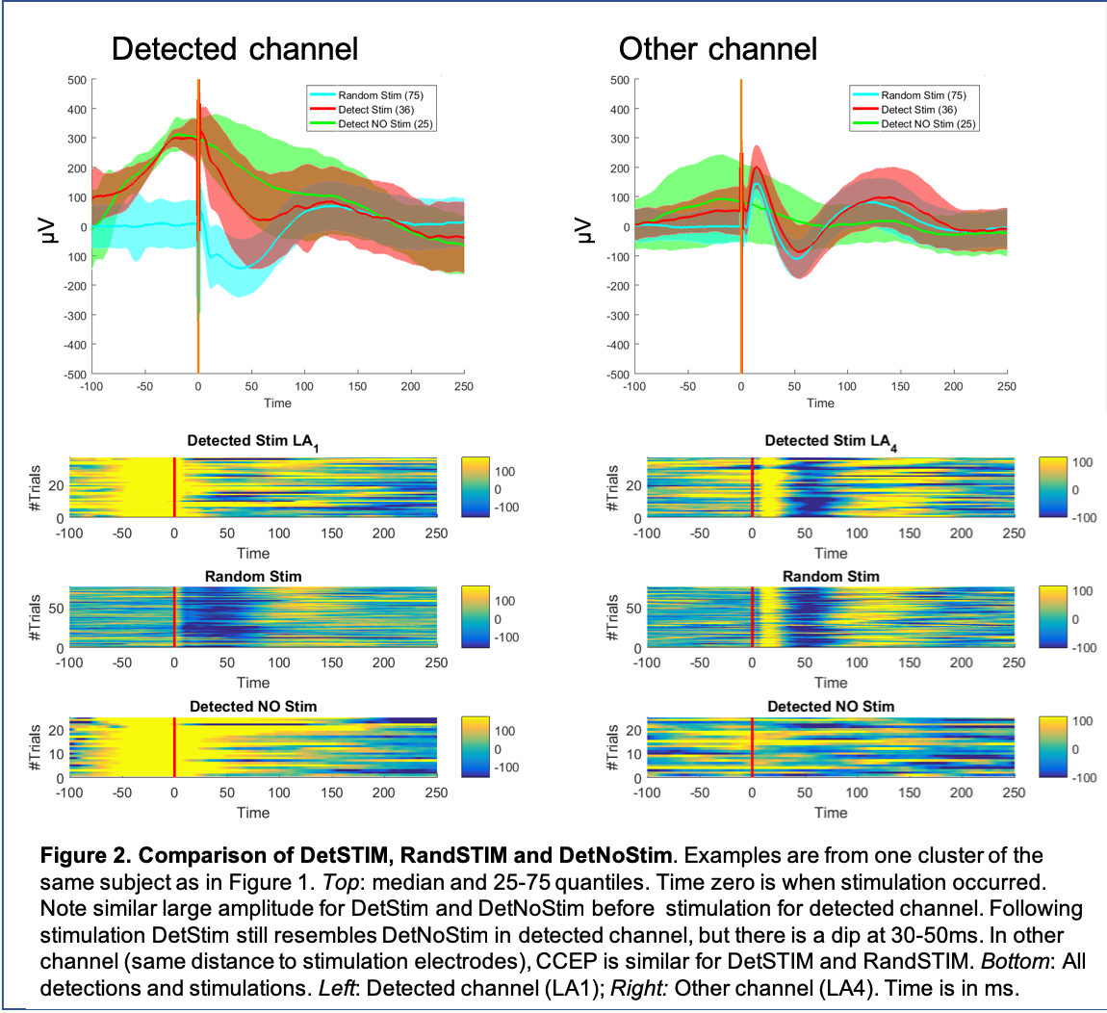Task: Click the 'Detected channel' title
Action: tap(235, 49)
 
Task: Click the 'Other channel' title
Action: tap(718, 49)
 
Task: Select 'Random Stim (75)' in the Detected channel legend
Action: tap(380, 95)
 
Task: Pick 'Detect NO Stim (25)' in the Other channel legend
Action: tap(928, 124)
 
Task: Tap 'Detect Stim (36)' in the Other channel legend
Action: tap(918, 110)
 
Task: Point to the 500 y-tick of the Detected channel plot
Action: tap(76, 80)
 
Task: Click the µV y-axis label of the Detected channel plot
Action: tap(43, 228)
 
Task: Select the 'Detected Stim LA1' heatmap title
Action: tap(252, 441)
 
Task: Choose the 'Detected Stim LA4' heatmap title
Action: tap(830, 441)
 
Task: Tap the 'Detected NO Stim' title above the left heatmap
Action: tap(253, 707)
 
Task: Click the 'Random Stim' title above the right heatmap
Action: tap(831, 577)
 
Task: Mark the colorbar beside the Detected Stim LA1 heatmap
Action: tap(475, 488)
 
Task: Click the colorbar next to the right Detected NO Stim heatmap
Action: tap(1052, 747)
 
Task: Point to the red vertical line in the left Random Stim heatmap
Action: tap(174, 617)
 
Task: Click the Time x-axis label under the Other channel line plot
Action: tap(820, 403)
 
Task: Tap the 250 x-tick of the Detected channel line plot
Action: tap(464, 387)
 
